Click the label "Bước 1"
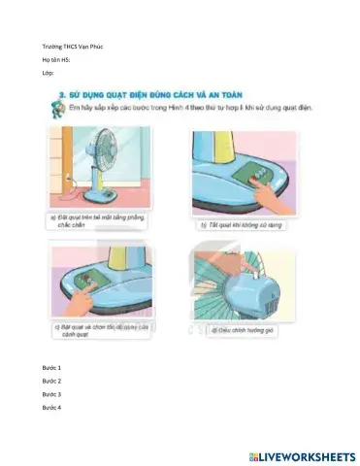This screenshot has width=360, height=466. (51, 369)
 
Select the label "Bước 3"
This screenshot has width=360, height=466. (51, 394)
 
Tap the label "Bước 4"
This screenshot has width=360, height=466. (51, 408)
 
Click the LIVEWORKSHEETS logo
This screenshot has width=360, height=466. (302, 454)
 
